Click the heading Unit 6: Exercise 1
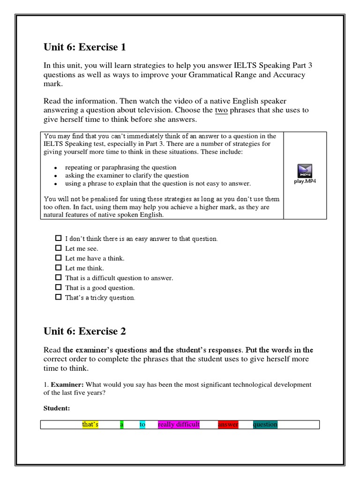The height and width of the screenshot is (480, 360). (x=84, y=47)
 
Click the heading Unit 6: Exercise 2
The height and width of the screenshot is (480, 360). (x=84, y=331)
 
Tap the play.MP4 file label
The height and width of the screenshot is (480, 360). (x=305, y=181)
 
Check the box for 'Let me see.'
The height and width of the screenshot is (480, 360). (x=59, y=248)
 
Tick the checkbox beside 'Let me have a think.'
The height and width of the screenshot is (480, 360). (x=59, y=258)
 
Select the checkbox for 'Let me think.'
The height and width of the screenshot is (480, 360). (x=59, y=268)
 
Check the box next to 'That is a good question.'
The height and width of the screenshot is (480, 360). (x=59, y=287)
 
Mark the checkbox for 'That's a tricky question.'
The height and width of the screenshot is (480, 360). (x=59, y=297)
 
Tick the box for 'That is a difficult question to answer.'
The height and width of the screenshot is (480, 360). (x=59, y=277)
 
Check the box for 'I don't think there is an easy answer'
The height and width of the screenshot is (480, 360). (x=59, y=238)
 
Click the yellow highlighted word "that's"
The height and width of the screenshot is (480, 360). (x=90, y=425)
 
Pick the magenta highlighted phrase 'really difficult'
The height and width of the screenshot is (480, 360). (x=179, y=425)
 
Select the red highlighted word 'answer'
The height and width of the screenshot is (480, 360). (x=228, y=425)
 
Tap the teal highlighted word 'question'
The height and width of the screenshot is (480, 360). (x=265, y=425)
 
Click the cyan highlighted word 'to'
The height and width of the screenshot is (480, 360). (x=142, y=425)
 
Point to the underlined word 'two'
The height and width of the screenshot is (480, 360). (x=221, y=110)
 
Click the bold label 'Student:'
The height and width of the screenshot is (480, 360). (x=57, y=408)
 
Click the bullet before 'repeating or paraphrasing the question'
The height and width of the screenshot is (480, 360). (x=56, y=168)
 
